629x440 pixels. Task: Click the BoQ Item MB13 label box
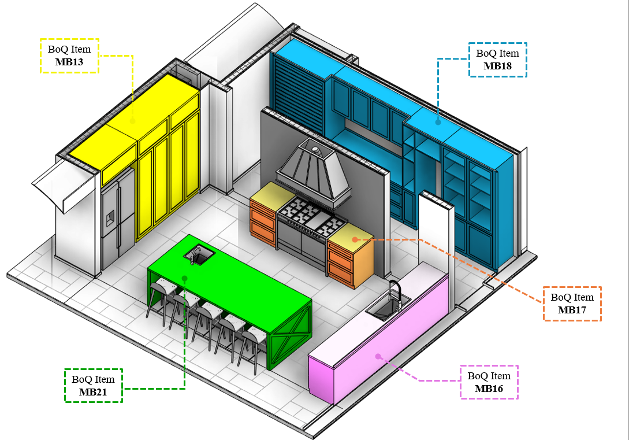[x=69, y=56]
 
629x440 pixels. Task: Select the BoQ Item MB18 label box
[x=497, y=60]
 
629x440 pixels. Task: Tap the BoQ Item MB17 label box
[x=572, y=304]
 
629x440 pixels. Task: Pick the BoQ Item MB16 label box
[x=489, y=382]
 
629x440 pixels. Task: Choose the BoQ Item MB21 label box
[x=93, y=386]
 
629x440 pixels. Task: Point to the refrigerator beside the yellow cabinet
[x=117, y=220]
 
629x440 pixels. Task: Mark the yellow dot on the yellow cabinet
[x=132, y=121]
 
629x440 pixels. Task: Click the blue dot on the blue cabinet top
[x=438, y=121]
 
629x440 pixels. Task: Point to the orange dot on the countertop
[x=355, y=239]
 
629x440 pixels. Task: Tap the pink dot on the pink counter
[x=378, y=356]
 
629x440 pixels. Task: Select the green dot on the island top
[x=184, y=278]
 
